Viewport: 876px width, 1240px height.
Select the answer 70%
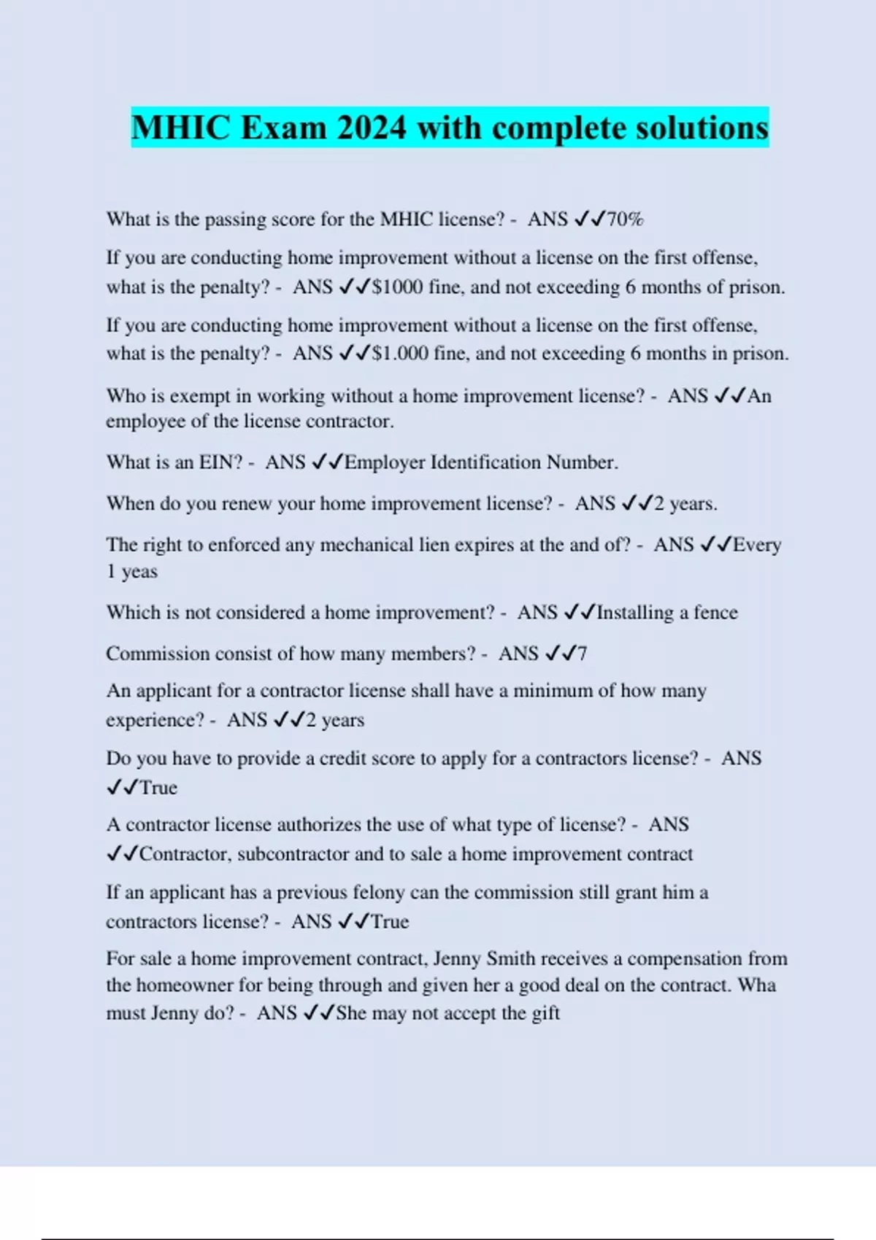625,219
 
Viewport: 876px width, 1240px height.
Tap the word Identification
486,462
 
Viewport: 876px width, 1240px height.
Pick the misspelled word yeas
139,571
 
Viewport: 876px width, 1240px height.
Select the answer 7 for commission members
582,654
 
